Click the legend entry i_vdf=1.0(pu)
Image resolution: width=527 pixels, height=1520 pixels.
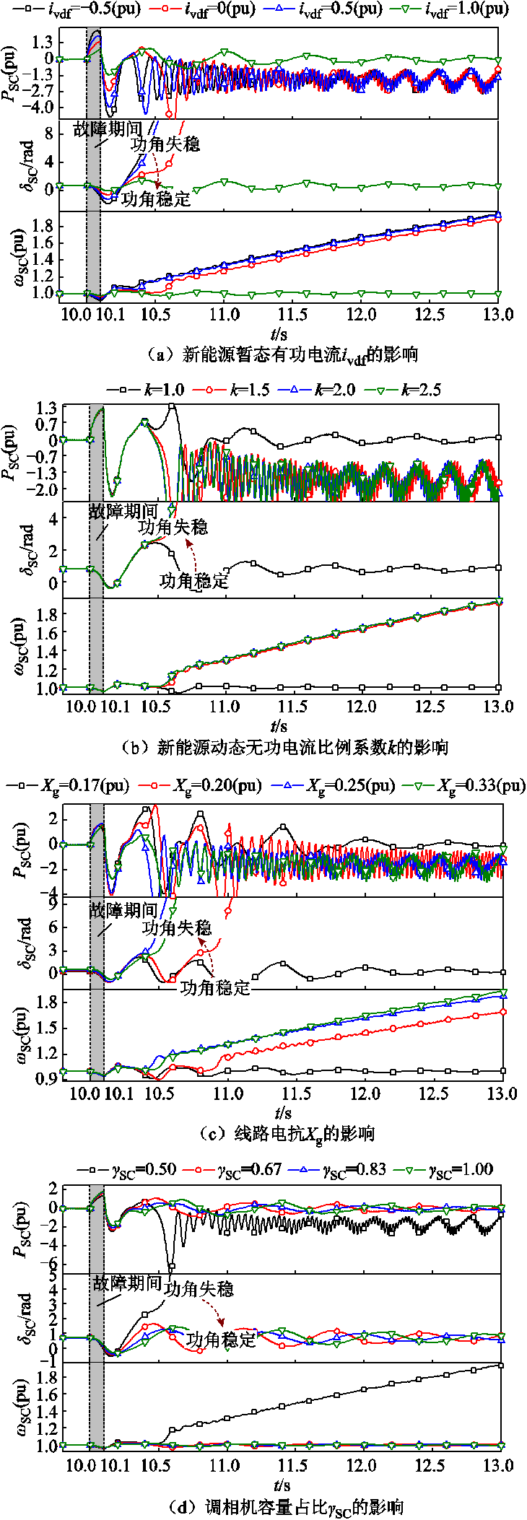pos(456,9)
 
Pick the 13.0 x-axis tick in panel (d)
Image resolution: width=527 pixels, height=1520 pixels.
pos(498,1465)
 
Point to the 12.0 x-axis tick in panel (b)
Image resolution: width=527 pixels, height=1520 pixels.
pos(361,706)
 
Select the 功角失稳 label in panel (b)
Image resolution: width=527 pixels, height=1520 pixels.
pos(173,528)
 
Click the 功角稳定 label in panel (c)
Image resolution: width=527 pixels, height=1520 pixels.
pos(214,987)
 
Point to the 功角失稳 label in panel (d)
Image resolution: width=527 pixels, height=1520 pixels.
pos(199,1288)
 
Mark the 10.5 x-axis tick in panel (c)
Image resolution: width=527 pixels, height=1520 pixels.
pos(159,1093)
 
